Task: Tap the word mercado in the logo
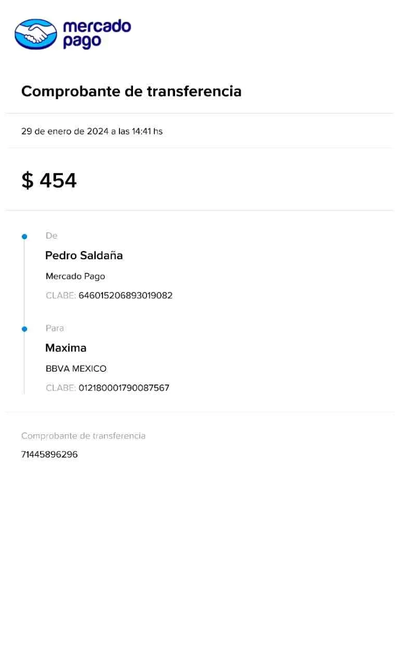click(x=97, y=26)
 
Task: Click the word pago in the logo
click(x=82, y=42)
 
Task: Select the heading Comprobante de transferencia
click(x=131, y=92)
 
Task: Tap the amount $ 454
click(x=49, y=181)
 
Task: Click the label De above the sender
click(x=51, y=236)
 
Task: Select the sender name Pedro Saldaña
click(x=85, y=256)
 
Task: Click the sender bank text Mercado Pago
click(x=76, y=276)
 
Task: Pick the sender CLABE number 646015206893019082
click(x=126, y=296)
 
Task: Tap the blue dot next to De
click(x=24, y=237)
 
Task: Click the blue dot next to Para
click(x=24, y=329)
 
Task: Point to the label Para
click(x=55, y=328)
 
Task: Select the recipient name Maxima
click(x=66, y=348)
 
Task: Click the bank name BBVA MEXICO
click(x=76, y=369)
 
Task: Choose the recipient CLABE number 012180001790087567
click(x=124, y=388)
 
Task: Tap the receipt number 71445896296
click(x=49, y=455)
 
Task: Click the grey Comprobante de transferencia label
click(x=83, y=436)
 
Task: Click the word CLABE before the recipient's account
click(x=61, y=388)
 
